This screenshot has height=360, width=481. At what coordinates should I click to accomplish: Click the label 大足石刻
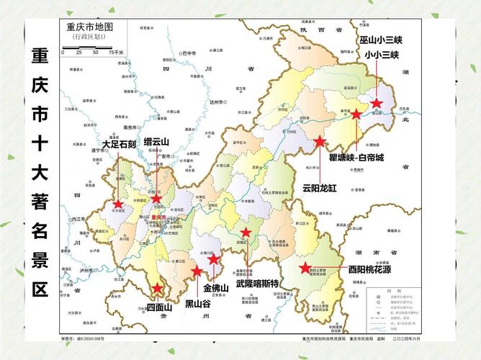point(118,144)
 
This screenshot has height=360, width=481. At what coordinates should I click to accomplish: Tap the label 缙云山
point(156,142)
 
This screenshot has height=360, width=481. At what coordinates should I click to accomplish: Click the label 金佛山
point(216,288)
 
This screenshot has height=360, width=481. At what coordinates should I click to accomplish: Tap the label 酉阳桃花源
point(369,270)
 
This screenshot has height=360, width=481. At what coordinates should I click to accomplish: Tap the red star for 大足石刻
point(118,204)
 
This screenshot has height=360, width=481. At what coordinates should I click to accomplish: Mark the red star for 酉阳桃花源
point(305,269)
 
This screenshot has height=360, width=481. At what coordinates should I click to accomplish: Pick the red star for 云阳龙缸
point(320,142)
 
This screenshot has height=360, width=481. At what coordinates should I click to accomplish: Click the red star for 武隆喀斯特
point(246,233)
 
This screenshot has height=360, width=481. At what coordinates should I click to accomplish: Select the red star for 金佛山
point(214,259)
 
